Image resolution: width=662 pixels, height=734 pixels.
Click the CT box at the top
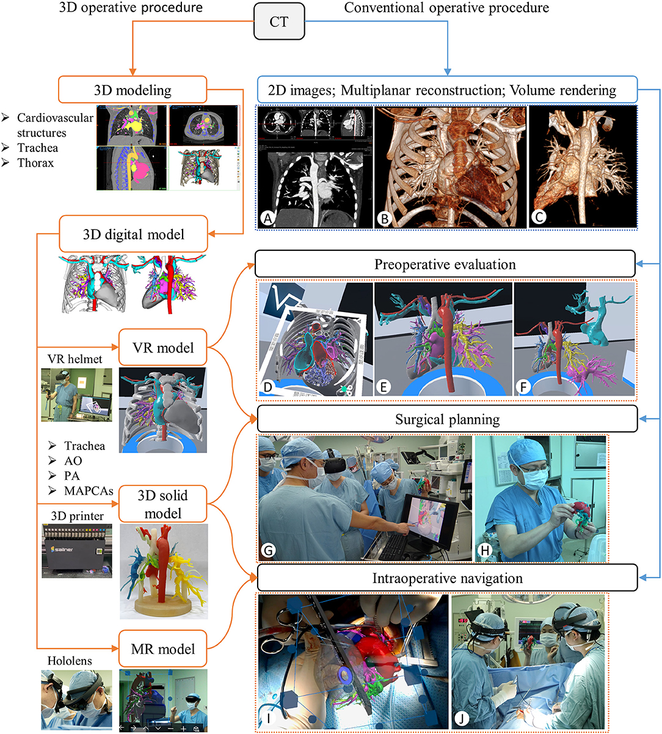(279, 23)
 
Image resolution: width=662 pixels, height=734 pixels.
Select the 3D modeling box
(133, 90)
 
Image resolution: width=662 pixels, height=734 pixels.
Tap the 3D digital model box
(133, 234)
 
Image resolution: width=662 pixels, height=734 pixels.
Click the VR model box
(162, 347)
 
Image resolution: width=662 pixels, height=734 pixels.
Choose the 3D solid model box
(162, 504)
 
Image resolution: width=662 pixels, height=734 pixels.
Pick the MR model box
(162, 649)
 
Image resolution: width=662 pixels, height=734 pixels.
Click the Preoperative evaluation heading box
(445, 264)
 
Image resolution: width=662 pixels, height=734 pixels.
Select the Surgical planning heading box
(447, 420)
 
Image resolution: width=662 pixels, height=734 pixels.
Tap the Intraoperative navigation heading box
(447, 578)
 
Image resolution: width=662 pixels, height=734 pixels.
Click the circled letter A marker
(267, 219)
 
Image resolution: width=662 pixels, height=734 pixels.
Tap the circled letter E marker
(384, 387)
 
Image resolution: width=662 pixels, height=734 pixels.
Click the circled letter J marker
(462, 719)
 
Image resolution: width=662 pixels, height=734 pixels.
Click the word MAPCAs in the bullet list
(88, 491)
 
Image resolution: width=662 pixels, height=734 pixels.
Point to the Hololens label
(69, 661)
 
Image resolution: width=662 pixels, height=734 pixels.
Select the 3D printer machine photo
(77, 551)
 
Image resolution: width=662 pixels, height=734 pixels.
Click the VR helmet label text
(75, 359)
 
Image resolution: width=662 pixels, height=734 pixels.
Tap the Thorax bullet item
(35, 163)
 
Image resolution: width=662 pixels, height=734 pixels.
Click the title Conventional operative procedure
(446, 8)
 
